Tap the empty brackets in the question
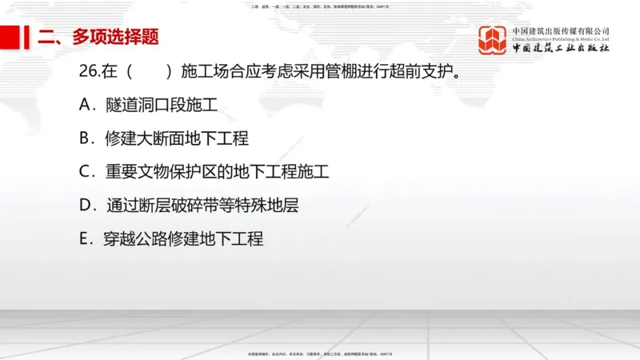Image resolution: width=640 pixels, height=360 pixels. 149,71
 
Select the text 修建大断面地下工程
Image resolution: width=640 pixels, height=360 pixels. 176,138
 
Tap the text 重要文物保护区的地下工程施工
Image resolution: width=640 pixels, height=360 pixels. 216,171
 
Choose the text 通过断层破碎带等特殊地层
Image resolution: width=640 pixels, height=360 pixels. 202,205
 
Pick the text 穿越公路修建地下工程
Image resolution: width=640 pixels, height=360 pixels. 183,238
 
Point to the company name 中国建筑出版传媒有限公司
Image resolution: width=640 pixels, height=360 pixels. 561,31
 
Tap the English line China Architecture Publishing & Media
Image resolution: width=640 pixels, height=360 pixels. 561,38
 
